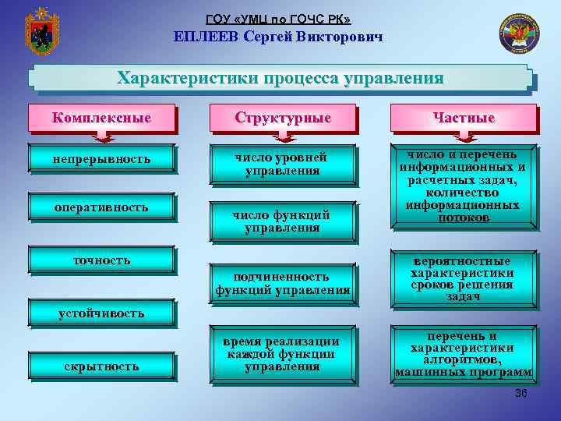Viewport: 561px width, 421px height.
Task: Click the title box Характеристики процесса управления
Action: (280, 79)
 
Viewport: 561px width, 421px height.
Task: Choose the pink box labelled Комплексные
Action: (101, 118)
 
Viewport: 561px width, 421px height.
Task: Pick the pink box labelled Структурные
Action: (283, 118)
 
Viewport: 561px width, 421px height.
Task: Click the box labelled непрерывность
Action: (101, 159)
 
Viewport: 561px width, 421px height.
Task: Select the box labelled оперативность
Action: (101, 207)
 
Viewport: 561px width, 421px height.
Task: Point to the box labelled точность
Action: (101, 260)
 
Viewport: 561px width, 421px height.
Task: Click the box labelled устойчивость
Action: (101, 313)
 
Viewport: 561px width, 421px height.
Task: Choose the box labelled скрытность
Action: (101, 366)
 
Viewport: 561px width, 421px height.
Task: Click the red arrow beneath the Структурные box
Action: (283, 137)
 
